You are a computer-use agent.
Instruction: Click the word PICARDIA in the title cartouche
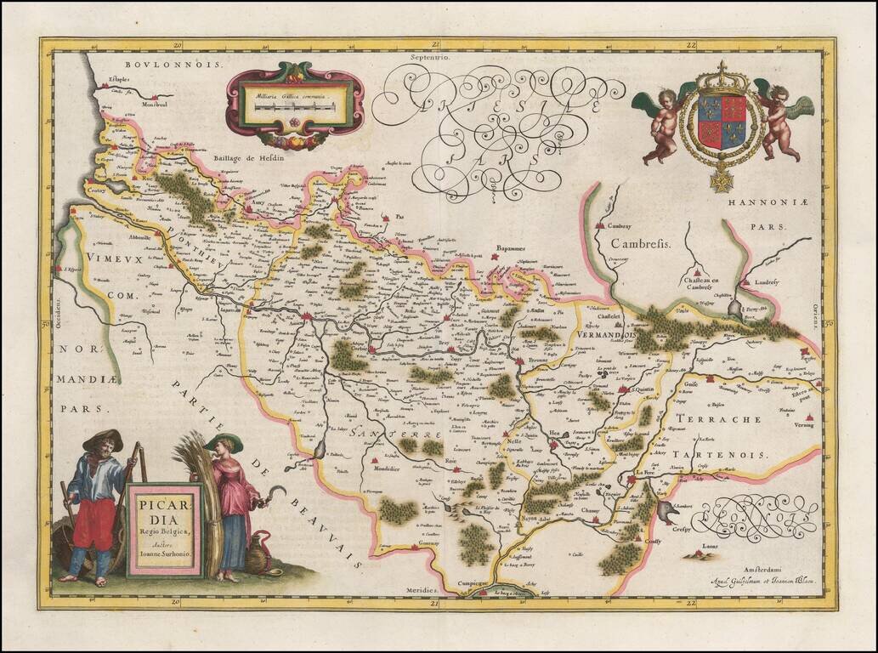pos(164,506)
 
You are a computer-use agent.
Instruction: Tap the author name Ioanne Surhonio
pos(165,554)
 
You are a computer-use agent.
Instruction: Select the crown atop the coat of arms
pos(722,78)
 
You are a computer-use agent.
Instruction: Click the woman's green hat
pos(223,442)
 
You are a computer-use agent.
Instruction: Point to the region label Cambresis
pos(639,243)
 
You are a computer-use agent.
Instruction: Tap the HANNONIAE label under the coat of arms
pos(751,204)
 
